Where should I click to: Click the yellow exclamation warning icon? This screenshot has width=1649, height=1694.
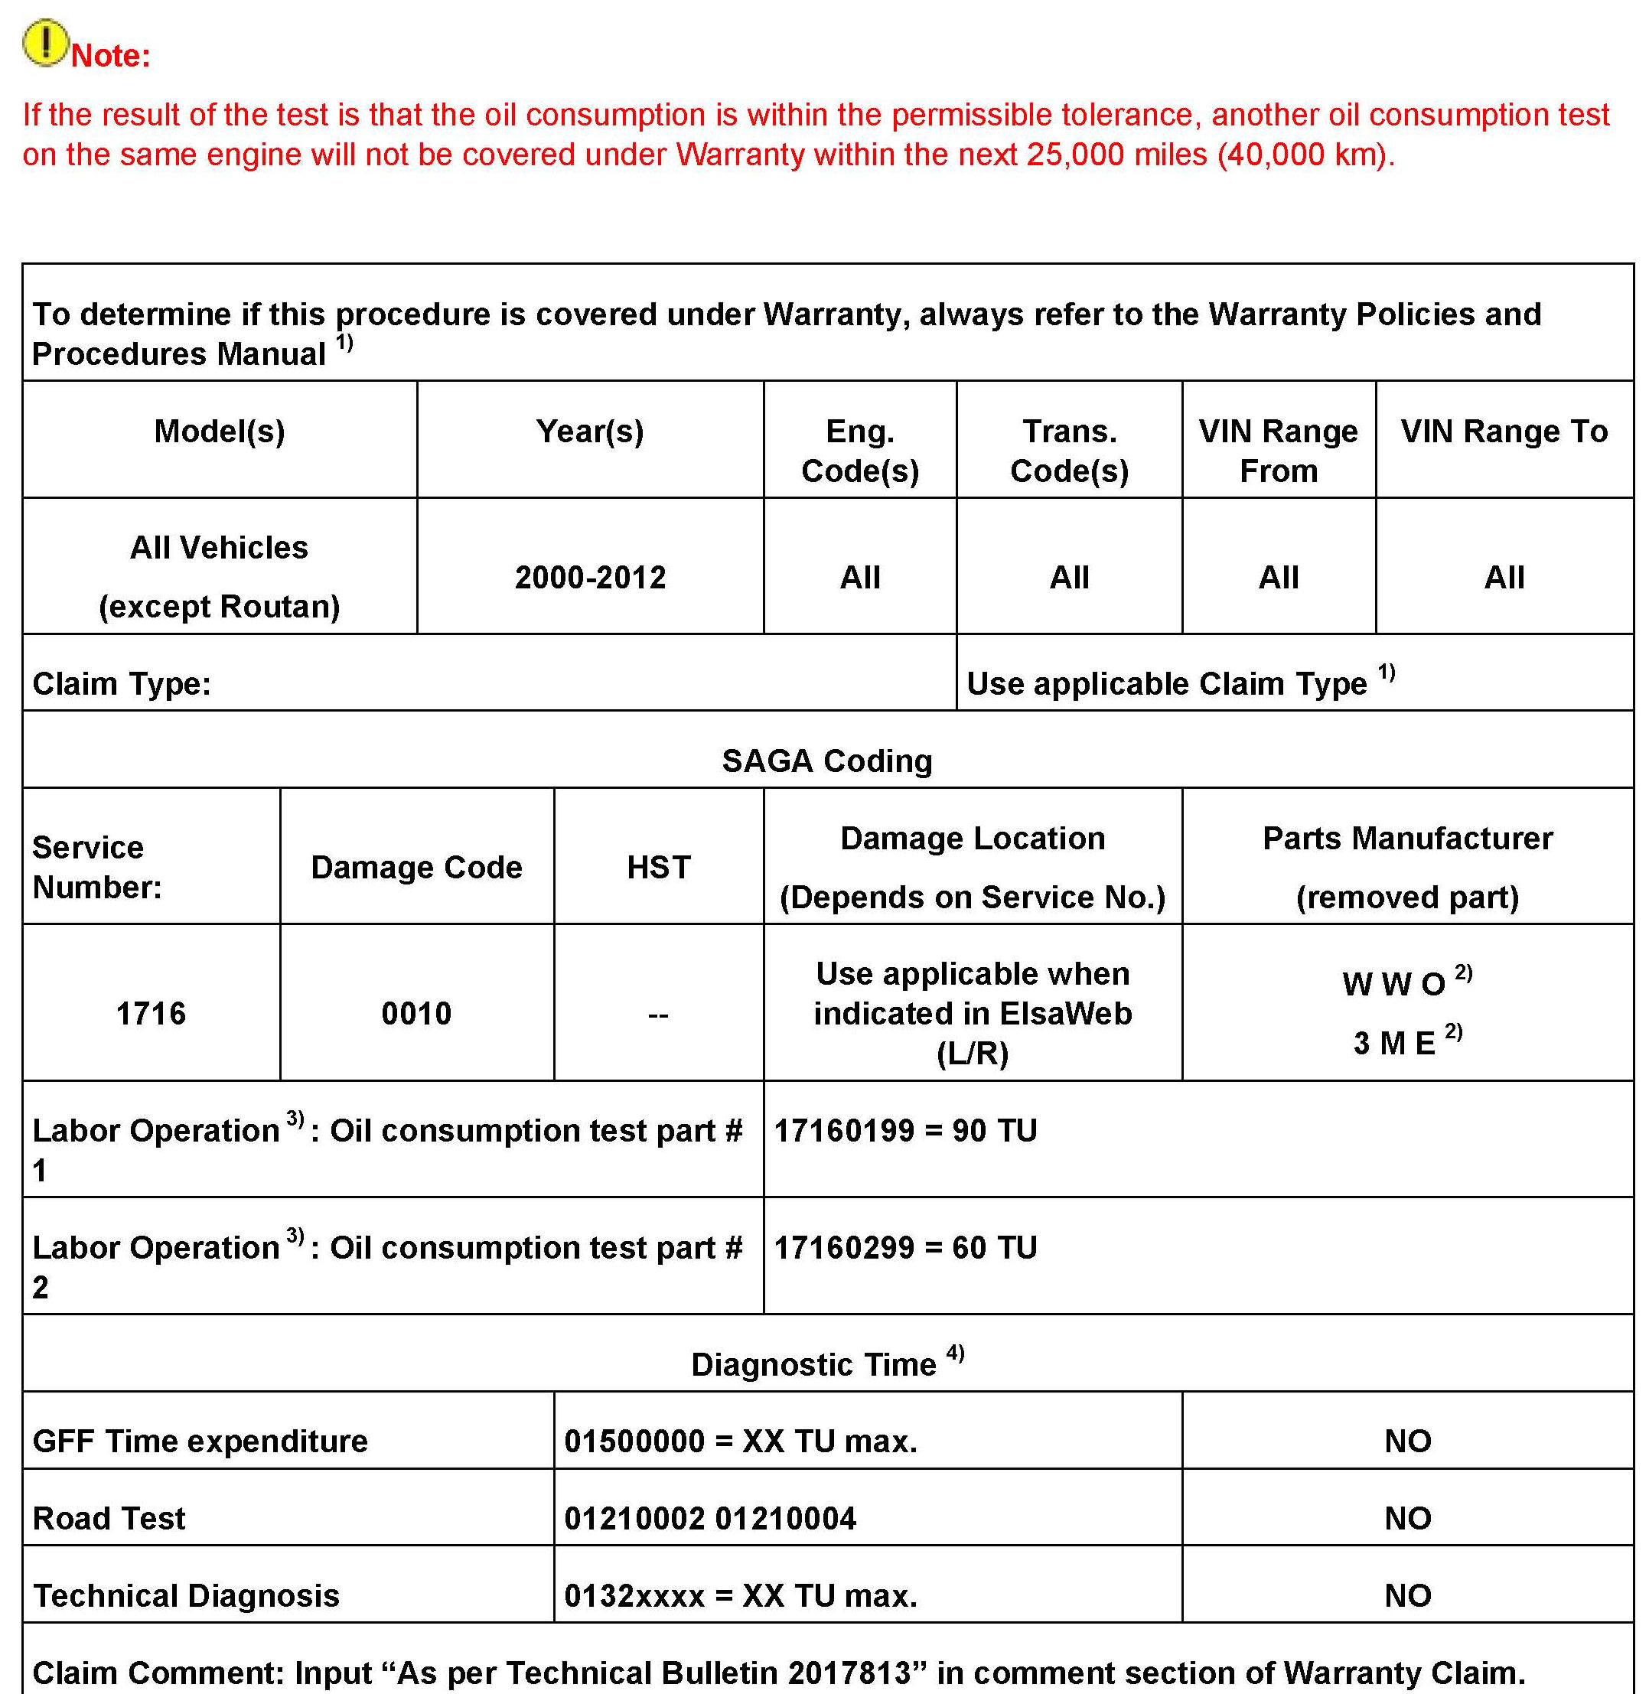45,44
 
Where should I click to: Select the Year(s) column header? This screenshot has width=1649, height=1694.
590,432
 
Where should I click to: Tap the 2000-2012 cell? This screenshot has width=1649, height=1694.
590,578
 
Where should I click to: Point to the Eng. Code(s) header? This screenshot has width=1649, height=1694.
859,451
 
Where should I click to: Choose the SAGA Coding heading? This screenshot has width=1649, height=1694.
827,761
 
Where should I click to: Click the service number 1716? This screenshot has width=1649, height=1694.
151,1013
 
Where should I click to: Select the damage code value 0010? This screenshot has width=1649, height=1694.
416,1013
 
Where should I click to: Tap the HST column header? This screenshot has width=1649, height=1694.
658,867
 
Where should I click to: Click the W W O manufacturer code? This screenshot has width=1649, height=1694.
1394,984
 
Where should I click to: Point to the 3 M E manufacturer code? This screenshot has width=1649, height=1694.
1394,1043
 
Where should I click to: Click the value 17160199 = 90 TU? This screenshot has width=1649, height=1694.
905,1130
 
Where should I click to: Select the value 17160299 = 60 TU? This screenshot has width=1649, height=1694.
905,1247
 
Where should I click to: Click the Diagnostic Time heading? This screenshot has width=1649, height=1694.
814,1364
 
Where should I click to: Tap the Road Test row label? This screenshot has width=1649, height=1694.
109,1518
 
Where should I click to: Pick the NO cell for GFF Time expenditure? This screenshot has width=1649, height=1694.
1407,1441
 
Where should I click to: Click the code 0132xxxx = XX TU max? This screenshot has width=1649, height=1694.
741,1595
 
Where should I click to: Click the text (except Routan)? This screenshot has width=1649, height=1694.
219,606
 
